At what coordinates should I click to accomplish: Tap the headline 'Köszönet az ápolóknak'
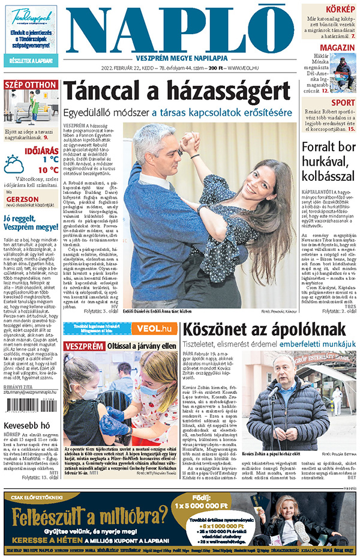264,329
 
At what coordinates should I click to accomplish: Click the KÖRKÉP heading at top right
340,10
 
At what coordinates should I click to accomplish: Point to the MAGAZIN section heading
337,48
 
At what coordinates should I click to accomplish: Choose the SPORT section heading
343,103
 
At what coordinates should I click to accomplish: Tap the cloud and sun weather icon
14,164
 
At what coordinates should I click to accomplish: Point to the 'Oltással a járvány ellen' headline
143,346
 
